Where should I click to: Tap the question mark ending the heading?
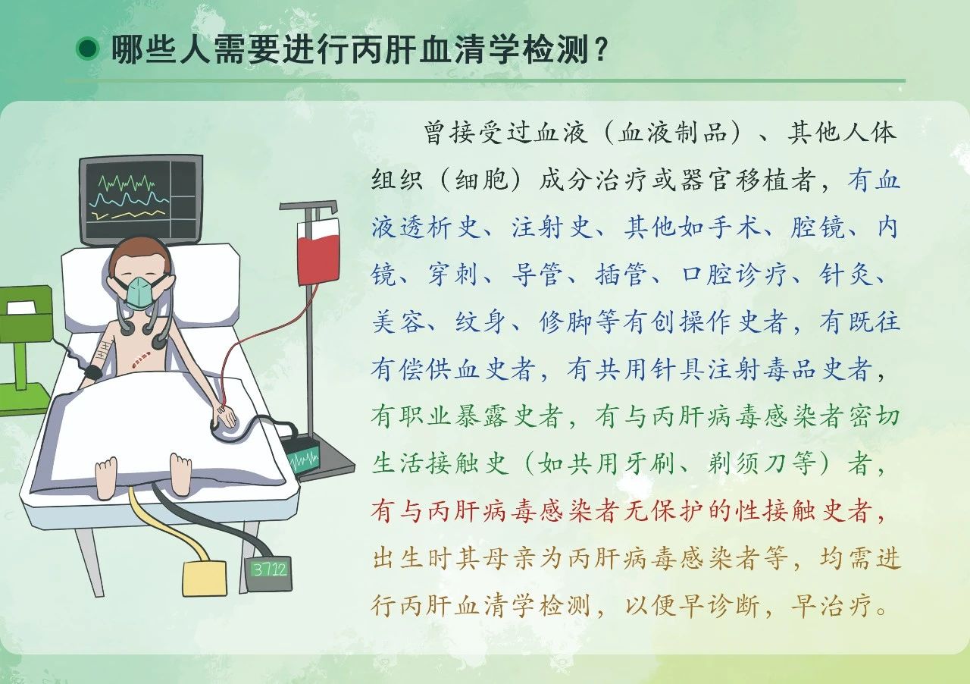coord(600,49)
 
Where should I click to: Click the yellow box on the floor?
coord(205,579)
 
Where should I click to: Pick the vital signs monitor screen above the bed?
coord(141,200)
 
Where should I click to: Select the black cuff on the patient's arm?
coord(93,372)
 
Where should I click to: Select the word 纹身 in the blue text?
coord(480,322)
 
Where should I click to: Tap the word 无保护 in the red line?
coord(662,511)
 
